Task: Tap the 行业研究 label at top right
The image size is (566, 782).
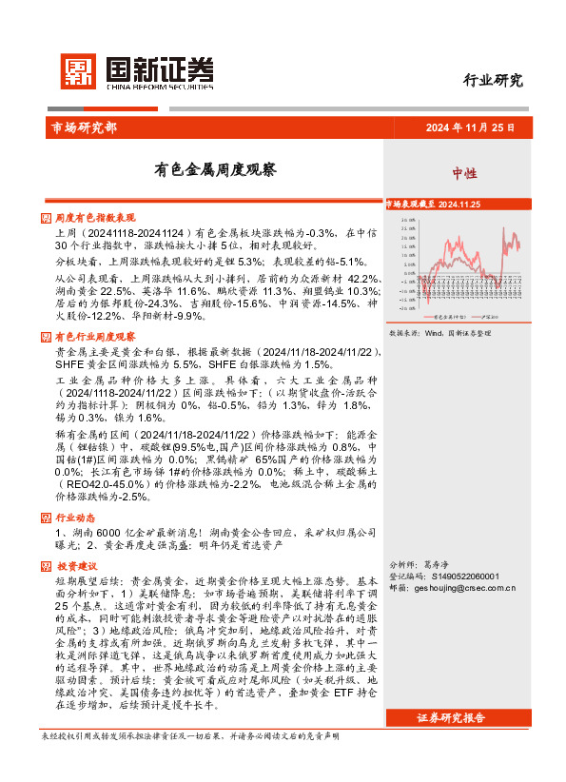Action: pyautogui.click(x=493, y=80)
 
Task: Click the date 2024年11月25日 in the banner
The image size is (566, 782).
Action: pyautogui.click(x=469, y=127)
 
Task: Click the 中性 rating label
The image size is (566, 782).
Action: pyautogui.click(x=464, y=173)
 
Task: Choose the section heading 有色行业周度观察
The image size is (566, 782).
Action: pyautogui.click(x=95, y=337)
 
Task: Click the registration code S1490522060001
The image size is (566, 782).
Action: pyautogui.click(x=471, y=576)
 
